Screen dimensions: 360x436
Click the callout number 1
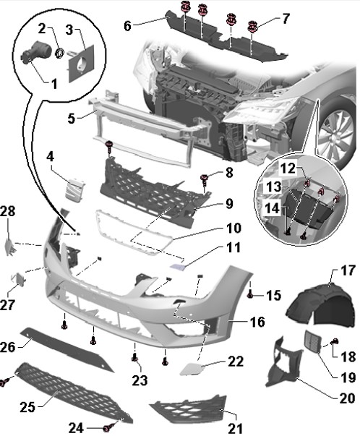pos(54,84)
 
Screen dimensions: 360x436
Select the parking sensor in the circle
pos(35,51)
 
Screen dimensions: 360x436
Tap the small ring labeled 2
pos(60,54)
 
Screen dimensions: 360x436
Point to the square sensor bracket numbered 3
pos(81,64)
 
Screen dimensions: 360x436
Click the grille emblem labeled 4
pos(75,189)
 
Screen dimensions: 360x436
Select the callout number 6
pos(127,26)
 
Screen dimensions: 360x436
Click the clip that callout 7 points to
pos(253,27)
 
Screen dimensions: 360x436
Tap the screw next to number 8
pos(205,179)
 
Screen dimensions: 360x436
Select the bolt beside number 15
pos(250,294)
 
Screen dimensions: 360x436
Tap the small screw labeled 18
pos(335,341)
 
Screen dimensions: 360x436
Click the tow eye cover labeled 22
pos(192,369)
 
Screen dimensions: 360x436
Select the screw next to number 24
pos(106,429)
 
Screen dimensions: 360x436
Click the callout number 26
pos(7,347)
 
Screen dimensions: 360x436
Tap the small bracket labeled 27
pos(19,278)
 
